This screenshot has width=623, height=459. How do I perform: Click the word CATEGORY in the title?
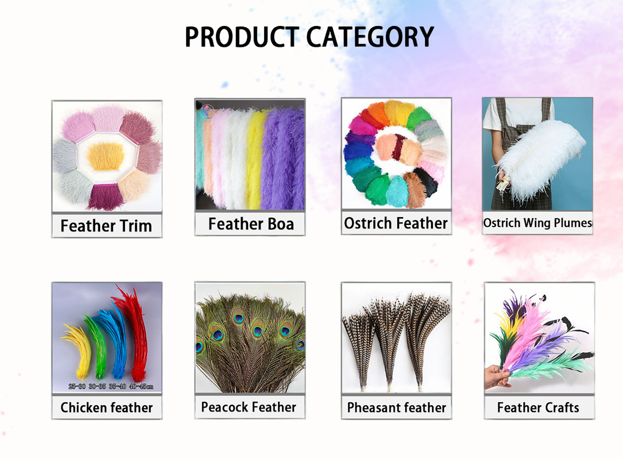[370, 37]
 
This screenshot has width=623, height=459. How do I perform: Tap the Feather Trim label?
[106, 226]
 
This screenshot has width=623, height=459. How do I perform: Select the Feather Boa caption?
[251, 224]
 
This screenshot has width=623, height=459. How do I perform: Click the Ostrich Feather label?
[396, 223]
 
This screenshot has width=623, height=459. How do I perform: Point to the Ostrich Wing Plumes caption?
[537, 223]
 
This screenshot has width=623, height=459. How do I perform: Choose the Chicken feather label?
[106, 407]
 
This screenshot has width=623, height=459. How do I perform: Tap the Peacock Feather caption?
[248, 407]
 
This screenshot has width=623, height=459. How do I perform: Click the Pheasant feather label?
[396, 407]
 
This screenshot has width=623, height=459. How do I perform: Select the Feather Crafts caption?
[538, 407]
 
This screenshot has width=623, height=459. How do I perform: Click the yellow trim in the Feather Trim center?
[106, 156]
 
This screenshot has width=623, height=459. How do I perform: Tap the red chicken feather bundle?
[135, 334]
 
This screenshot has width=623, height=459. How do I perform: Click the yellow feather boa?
[255, 160]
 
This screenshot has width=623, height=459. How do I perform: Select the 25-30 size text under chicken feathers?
[77, 386]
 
